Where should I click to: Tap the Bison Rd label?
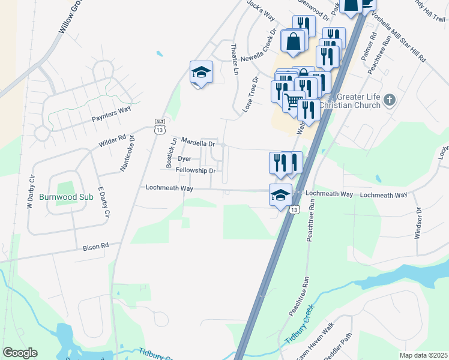[96, 245]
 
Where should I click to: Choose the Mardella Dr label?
[198, 144]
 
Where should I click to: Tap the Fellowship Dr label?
[195, 170]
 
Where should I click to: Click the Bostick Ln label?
[170, 152]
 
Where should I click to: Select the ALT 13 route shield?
[159, 125]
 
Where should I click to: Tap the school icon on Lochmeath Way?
[280, 195]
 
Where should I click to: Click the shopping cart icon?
[292, 101]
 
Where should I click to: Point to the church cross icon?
[390, 100]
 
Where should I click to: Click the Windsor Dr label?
[419, 223]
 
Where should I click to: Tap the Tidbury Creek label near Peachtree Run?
[300, 325]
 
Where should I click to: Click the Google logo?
[20, 353]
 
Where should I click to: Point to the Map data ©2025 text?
[423, 355]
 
